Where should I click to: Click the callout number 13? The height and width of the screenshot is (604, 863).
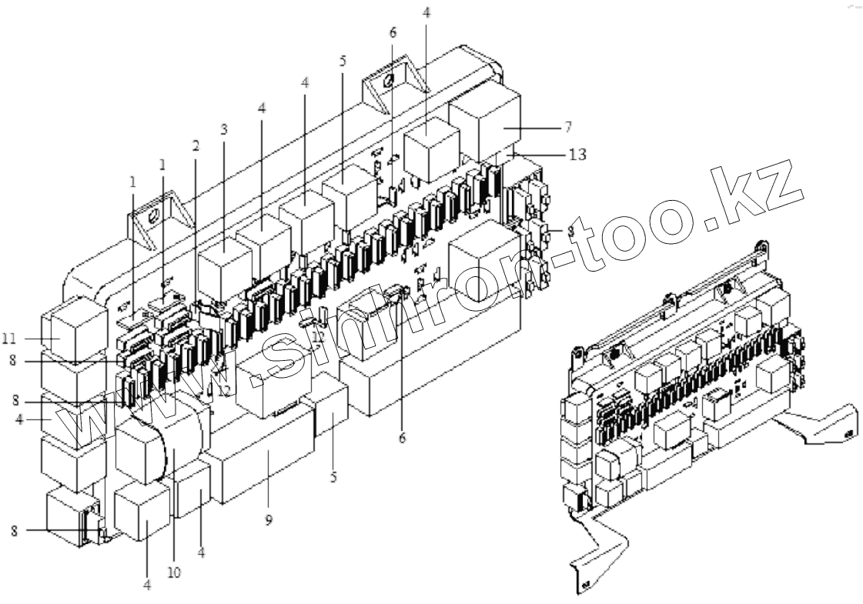577,155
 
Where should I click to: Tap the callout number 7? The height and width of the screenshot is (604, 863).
568,125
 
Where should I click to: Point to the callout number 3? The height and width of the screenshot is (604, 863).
224,129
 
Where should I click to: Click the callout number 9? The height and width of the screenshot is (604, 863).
269,520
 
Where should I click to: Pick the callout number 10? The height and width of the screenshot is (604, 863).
175,572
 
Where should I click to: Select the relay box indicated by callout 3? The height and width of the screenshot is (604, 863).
221,269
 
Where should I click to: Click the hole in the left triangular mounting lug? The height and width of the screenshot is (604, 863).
153,216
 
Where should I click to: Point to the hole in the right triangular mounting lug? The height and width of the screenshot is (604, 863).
390,82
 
